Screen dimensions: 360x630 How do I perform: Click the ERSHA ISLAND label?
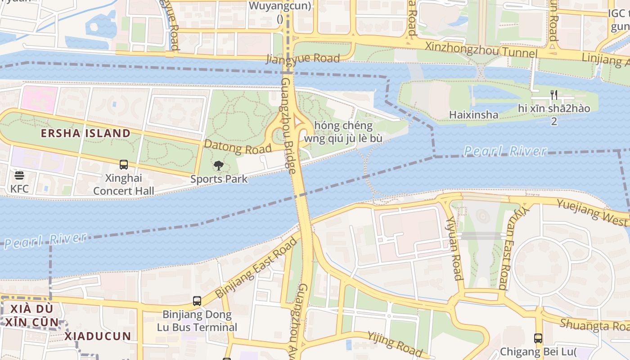(x=85, y=133)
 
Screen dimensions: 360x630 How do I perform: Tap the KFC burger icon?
(x=19, y=175)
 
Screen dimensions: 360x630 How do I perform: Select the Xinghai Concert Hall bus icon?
(x=124, y=165)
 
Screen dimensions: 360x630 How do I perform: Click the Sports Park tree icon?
(x=219, y=166)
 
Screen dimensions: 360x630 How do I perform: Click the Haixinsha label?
(x=473, y=115)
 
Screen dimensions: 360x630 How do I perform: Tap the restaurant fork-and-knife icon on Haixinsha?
(x=554, y=95)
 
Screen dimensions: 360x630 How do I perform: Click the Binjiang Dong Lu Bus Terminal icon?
(x=197, y=301)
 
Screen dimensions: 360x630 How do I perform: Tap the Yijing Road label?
(x=395, y=343)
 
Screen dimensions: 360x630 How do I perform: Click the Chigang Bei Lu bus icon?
(x=538, y=338)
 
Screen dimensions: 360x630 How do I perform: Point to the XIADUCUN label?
(x=97, y=336)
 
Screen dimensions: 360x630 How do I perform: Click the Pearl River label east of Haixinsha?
(x=505, y=151)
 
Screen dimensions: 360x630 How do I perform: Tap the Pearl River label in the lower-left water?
(x=45, y=240)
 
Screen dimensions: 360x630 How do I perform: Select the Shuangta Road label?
(x=594, y=324)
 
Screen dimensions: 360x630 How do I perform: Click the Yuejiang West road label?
(x=592, y=212)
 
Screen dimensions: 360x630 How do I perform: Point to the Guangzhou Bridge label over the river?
(x=289, y=126)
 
